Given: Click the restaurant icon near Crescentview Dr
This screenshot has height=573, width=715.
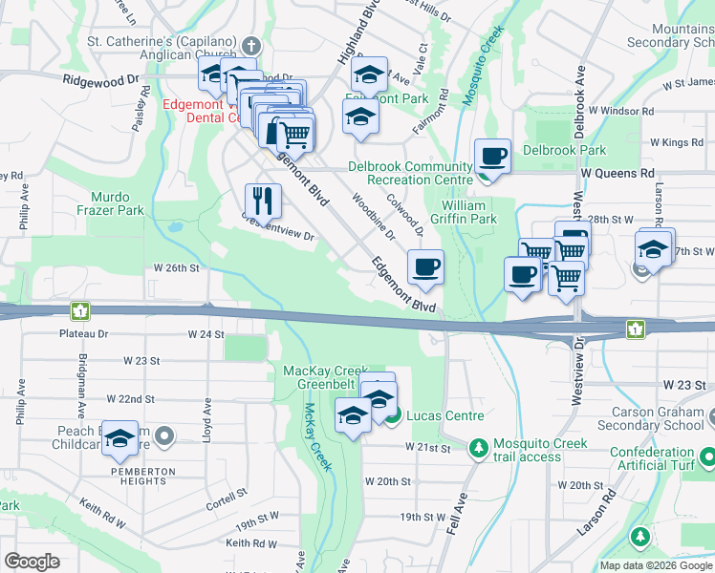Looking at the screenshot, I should pos(262,201).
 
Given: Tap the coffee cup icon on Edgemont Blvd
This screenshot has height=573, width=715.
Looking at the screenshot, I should pos(425,266).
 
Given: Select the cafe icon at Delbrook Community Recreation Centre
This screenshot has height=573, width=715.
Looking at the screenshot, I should pos(492,156).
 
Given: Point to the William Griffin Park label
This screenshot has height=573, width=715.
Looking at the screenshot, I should pos(469,212).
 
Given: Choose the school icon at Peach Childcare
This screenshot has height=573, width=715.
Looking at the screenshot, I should pos(120,438).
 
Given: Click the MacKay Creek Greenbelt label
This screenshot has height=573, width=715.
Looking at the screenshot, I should pos(325,377).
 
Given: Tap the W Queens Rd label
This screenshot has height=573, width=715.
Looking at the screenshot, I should pos(617,173).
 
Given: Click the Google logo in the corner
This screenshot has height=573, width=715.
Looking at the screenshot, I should pos(32,562).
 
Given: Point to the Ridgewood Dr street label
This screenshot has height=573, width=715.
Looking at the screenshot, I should pos(101,81).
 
